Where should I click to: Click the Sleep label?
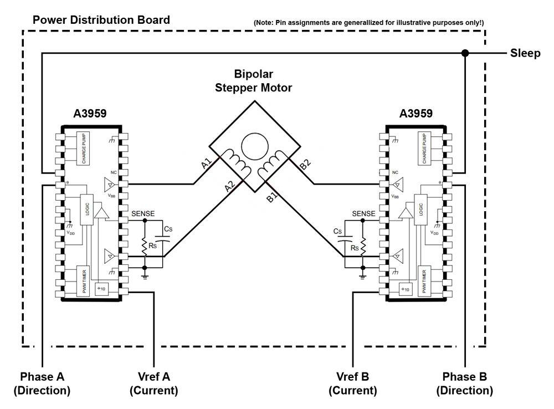point(525,53)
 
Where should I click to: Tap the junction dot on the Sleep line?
point(465,53)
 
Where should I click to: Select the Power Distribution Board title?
point(101,21)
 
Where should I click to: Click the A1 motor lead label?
point(207,165)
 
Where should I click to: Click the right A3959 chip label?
point(416,114)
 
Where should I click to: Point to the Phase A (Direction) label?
point(42,384)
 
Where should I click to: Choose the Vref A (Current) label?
point(153,384)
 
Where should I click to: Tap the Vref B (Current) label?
point(353,384)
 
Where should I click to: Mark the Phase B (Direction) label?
point(464,384)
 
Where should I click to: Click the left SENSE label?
point(143,213)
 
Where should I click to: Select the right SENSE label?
point(363,213)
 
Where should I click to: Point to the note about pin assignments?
point(369,23)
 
